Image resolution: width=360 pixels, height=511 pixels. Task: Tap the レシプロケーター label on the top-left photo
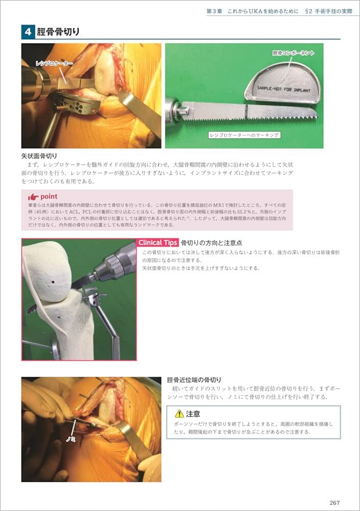point(54,63)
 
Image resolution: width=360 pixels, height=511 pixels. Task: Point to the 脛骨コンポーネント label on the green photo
point(293,52)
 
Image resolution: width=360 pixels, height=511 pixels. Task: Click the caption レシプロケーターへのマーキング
point(244,135)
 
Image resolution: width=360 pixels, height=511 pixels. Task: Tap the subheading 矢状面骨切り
point(39,155)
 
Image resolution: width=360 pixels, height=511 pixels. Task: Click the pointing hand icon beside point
point(33,196)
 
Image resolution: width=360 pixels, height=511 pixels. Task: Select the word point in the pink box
point(49,196)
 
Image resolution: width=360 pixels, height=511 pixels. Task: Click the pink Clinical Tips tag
point(158,243)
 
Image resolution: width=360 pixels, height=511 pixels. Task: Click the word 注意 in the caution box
point(193,414)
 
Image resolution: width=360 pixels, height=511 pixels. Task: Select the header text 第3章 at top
point(215,11)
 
